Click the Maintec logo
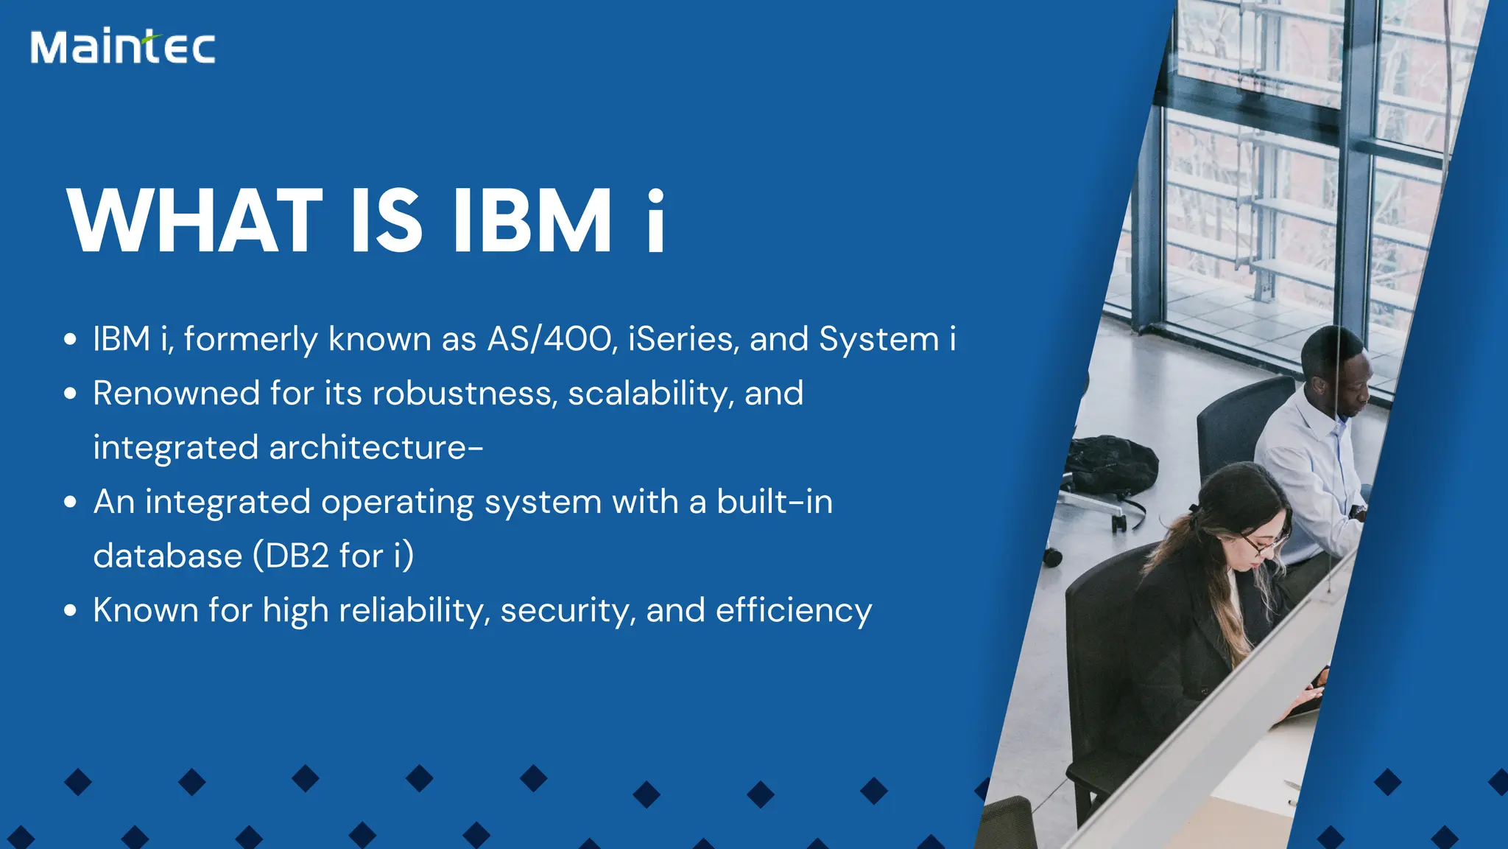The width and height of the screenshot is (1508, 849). pos(123,47)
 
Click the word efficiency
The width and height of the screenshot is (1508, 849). pos(794,611)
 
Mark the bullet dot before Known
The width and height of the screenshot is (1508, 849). pos(71,610)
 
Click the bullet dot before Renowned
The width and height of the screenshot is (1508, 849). pos(71,394)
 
